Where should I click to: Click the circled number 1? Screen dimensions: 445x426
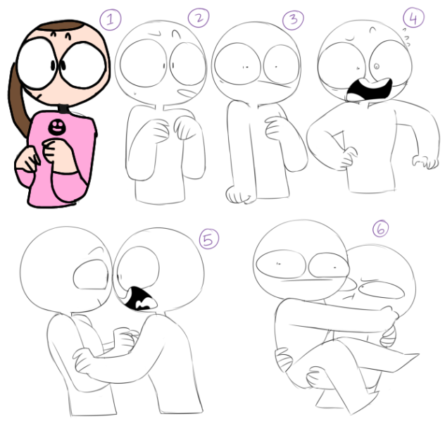111,19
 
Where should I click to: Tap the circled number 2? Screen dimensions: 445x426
199,18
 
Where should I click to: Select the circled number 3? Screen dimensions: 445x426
293,20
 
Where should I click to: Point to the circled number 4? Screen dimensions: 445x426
413,18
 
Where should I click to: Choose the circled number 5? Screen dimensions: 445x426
209,239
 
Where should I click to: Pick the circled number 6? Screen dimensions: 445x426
380,229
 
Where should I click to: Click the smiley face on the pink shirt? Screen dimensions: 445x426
56,127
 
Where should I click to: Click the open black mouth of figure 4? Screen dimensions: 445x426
369,89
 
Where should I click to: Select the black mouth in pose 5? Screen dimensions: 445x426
139,299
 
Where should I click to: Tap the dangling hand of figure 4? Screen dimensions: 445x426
425,161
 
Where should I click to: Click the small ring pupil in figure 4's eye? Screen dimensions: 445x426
377,66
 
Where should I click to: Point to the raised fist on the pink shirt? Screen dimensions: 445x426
54,151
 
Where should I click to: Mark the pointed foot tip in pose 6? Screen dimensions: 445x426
419,354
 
